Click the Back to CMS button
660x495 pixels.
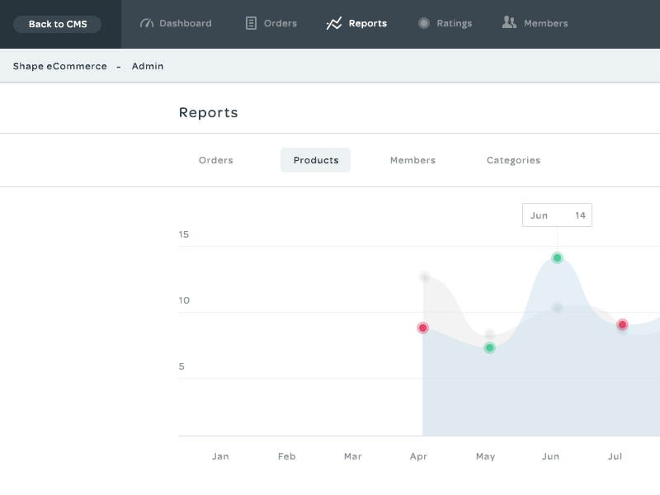pyautogui.click(x=58, y=24)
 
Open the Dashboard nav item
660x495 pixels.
pyautogui.click(x=176, y=23)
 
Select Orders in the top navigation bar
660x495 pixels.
pyautogui.click(x=271, y=23)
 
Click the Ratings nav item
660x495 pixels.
pyautogui.click(x=445, y=23)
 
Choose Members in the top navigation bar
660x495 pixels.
pyautogui.click(x=535, y=23)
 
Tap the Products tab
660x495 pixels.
pyautogui.click(x=316, y=160)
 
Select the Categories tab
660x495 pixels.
pyautogui.click(x=513, y=160)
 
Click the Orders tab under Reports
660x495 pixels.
pyautogui.click(x=216, y=160)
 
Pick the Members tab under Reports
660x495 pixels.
pyautogui.click(x=412, y=160)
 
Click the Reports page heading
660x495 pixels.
pyautogui.click(x=209, y=113)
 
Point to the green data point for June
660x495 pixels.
pyautogui.click(x=557, y=257)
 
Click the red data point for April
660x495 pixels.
pyautogui.click(x=423, y=328)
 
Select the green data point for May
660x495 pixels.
pyautogui.click(x=489, y=347)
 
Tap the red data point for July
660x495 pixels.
pyautogui.click(x=622, y=324)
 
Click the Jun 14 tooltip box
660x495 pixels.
pyautogui.click(x=557, y=215)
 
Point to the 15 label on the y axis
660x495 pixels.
pyautogui.click(x=184, y=234)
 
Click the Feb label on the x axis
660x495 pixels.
pyautogui.click(x=286, y=456)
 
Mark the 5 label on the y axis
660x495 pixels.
pyautogui.click(x=181, y=366)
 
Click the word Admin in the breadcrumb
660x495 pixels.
pyautogui.click(x=148, y=66)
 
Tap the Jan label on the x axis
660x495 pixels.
pyautogui.click(x=220, y=456)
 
